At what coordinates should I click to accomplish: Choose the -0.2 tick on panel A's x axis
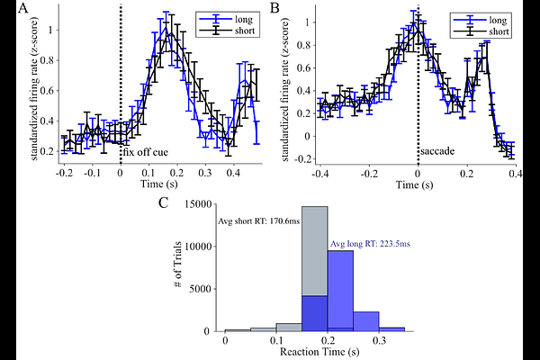63,171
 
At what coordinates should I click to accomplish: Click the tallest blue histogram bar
339,288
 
